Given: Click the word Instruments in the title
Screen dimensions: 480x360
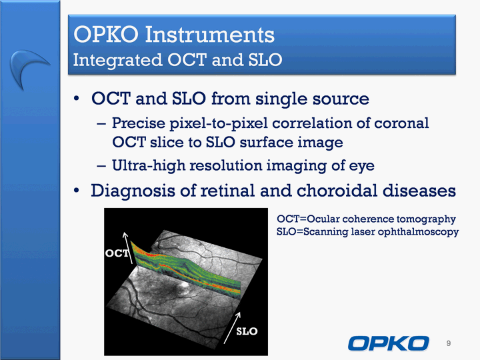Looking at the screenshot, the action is (x=210, y=34).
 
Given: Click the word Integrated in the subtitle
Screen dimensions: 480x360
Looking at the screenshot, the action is (x=117, y=60).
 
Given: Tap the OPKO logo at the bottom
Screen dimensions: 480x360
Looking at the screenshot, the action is (x=388, y=343).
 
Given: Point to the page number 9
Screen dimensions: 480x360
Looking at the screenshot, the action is (x=449, y=343).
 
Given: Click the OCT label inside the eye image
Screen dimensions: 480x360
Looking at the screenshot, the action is (x=117, y=253).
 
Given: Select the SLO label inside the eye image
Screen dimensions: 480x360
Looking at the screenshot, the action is (x=247, y=331).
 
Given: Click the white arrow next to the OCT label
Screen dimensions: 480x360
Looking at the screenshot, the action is (x=128, y=247).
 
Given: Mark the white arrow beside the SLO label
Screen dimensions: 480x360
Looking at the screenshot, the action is (x=233, y=327).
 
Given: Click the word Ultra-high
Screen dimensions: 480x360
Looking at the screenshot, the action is (x=149, y=165).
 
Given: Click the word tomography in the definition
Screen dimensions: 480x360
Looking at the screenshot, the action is (x=426, y=219).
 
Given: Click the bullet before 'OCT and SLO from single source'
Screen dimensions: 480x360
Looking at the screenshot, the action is (x=76, y=99).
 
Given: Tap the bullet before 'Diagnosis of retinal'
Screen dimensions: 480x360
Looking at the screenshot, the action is (x=76, y=191).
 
